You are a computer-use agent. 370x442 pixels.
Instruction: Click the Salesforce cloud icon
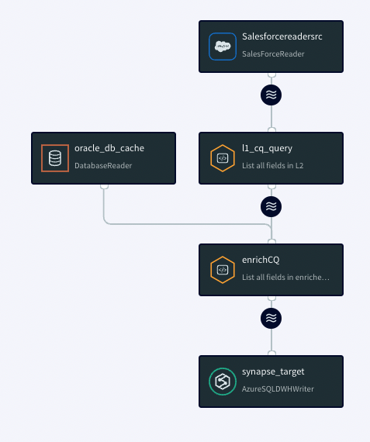coord(223,47)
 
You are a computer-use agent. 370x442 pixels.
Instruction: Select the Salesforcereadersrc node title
coord(282,36)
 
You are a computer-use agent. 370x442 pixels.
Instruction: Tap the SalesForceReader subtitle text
coord(273,54)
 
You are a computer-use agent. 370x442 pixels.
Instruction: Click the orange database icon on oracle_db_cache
coord(55,158)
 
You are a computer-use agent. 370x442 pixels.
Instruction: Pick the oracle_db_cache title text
coord(109,148)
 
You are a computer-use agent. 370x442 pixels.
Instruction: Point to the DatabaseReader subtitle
coord(103,165)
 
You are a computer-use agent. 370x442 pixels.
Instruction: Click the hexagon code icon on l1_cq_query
coord(223,158)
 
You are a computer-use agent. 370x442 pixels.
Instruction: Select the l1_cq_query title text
coord(267,149)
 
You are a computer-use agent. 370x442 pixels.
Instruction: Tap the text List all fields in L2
coord(273,165)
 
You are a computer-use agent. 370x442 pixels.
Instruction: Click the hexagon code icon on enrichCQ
coord(223,270)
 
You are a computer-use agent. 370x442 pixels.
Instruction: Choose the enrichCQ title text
coord(261,260)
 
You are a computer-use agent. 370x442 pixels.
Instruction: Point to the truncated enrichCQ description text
coord(285,277)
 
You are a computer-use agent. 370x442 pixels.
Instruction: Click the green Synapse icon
coord(223,382)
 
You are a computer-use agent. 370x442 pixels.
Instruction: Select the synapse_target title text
coord(273,371)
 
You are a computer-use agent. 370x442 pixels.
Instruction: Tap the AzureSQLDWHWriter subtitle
coord(278,388)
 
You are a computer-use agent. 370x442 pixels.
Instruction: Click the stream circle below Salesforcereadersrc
coord(271,95)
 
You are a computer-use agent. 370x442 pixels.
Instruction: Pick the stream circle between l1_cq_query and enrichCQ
coord(271,206)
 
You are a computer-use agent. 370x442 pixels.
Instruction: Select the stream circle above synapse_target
coord(271,318)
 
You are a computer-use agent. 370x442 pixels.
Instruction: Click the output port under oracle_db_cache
coord(105,186)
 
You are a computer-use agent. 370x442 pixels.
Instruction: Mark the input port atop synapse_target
coord(271,353)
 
